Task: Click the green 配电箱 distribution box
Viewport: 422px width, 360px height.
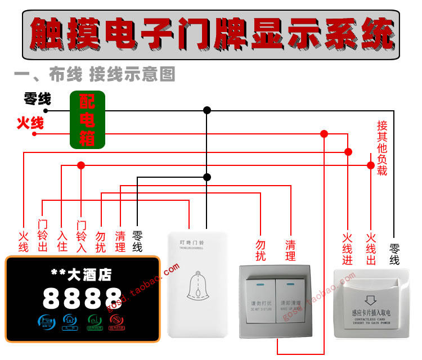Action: (87, 120)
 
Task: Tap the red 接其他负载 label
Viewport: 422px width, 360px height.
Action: (382, 148)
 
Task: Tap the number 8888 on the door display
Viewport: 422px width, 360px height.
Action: (82, 297)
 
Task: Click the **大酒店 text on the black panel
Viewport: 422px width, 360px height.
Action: (81, 274)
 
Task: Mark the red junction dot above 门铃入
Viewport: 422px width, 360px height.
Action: (81, 165)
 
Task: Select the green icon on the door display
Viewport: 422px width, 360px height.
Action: (93, 322)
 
